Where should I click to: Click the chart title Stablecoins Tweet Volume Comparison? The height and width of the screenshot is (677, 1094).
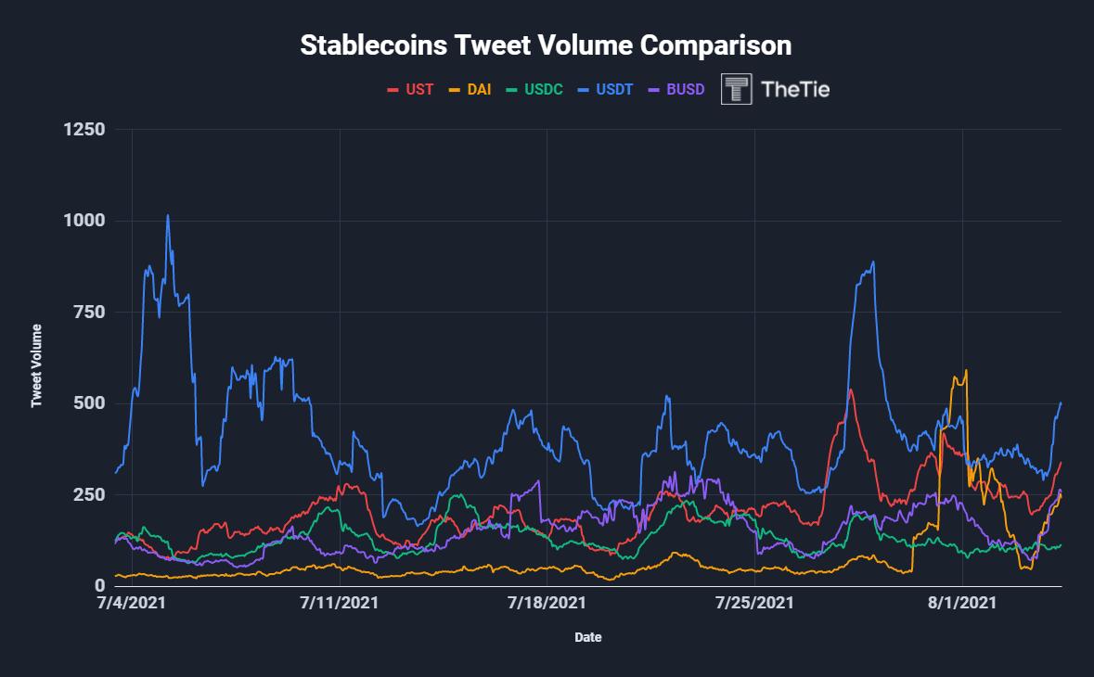pos(546,45)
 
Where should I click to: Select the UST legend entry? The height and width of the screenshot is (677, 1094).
pos(409,90)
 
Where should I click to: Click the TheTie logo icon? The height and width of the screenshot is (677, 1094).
pos(737,89)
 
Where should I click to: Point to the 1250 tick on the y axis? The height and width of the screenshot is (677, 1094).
pos(84,130)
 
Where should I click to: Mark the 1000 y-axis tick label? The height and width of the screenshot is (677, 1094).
pos(84,221)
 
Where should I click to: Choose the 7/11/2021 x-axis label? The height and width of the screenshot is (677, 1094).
pos(341,603)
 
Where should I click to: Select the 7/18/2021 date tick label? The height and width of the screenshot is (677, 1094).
pos(547,603)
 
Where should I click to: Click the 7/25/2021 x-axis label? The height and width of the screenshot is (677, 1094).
pos(755,603)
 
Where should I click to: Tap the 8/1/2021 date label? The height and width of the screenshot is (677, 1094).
pos(962,603)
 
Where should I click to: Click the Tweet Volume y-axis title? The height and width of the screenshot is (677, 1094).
pos(37,365)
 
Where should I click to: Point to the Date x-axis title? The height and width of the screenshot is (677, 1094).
pos(586,638)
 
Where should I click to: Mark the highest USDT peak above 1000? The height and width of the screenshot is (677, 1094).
pos(168,216)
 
